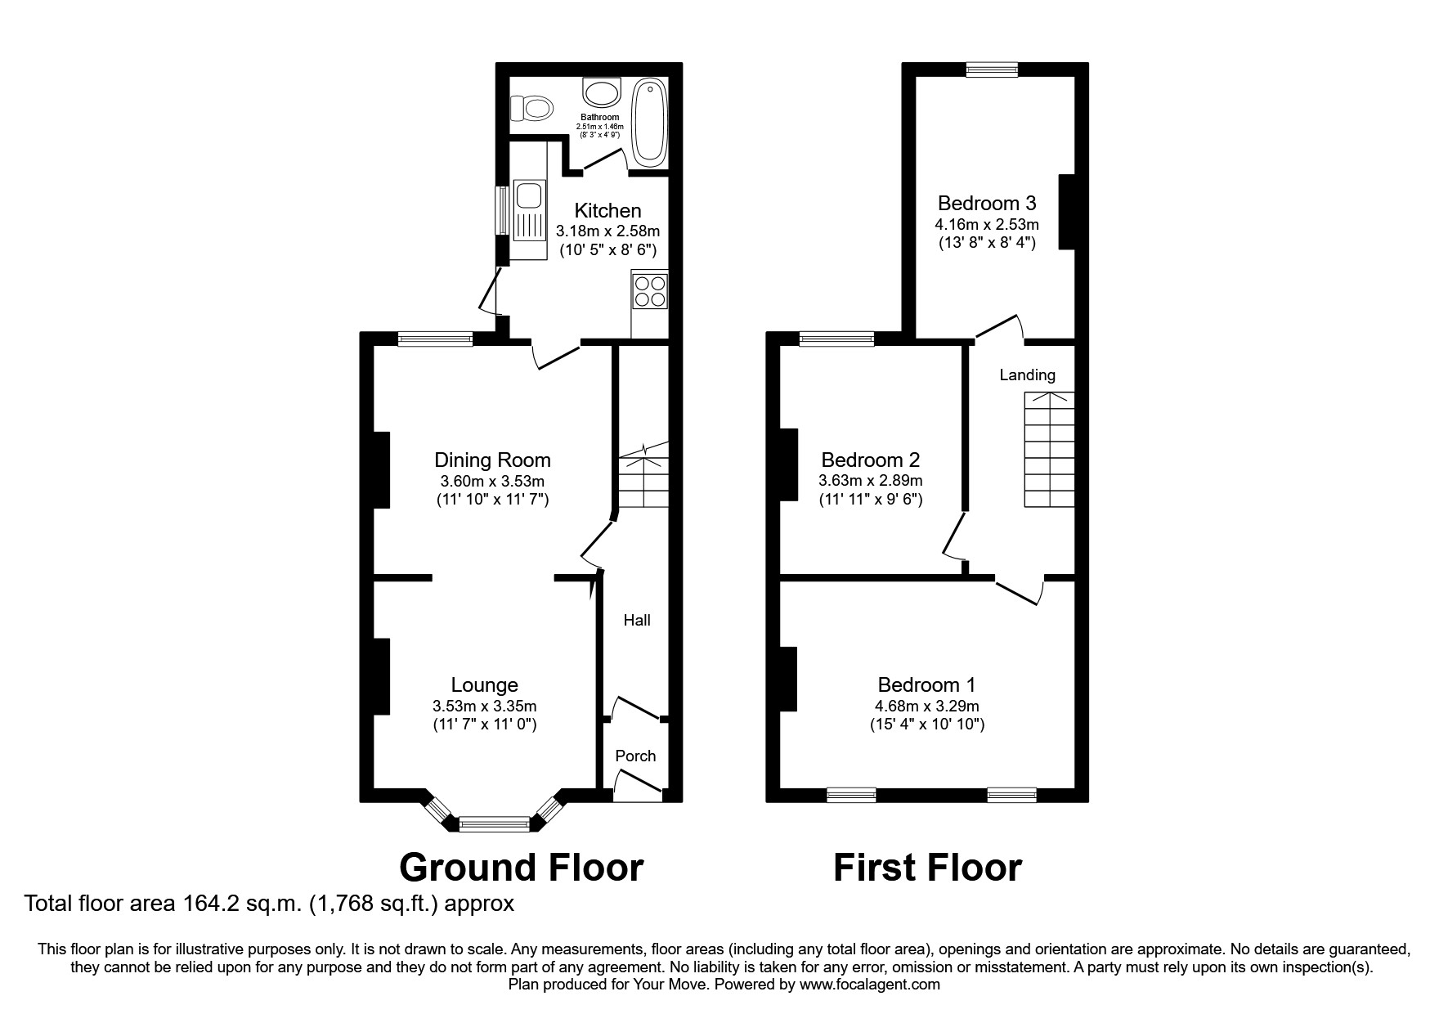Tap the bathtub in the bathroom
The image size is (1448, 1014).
point(650,119)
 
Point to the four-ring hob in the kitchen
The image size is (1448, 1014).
point(650,292)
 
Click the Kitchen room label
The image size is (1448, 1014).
point(607,211)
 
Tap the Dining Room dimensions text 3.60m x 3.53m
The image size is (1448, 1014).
point(492,481)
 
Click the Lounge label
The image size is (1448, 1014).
point(485,685)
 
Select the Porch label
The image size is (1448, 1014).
point(635,756)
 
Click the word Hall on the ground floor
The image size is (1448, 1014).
point(637,621)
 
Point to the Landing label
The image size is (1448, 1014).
point(1027,375)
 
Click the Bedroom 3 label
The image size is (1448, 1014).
point(987,203)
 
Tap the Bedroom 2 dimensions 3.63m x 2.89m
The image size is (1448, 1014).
point(871,481)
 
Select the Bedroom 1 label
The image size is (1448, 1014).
point(926,685)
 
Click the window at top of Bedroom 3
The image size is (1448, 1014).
point(992,70)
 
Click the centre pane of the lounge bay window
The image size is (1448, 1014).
point(495,823)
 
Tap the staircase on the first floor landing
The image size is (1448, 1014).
point(1050,450)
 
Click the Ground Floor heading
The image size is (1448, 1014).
point(521,868)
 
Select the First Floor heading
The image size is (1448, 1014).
point(927,868)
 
